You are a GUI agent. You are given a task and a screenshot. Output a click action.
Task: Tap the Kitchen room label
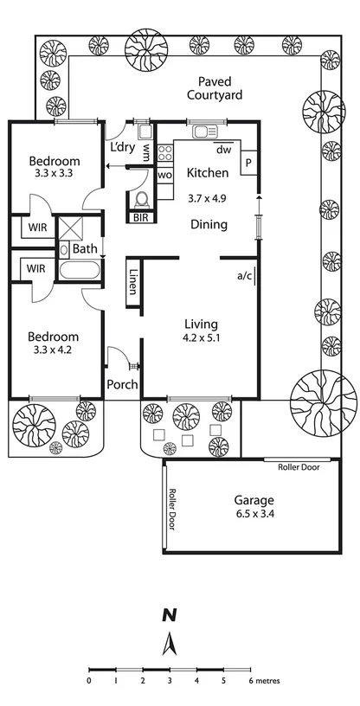[x=208, y=171]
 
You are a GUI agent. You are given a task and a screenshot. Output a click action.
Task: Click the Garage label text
[x=254, y=500]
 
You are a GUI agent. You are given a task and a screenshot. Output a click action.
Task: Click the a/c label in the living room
[x=244, y=277]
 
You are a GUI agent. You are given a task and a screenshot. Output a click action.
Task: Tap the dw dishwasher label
[x=223, y=149]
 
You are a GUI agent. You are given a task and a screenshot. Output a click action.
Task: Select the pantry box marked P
[x=247, y=162]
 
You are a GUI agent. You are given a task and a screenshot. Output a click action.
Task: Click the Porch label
[x=122, y=384]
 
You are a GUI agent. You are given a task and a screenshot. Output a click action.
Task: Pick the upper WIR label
[x=35, y=228]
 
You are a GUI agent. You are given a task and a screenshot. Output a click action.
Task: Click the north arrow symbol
[x=171, y=643]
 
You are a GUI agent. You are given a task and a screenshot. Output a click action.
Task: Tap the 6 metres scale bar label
[x=262, y=681]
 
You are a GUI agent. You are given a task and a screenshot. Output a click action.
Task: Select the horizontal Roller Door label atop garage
[x=299, y=467]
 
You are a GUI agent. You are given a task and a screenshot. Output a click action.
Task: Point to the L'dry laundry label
[x=122, y=147]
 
